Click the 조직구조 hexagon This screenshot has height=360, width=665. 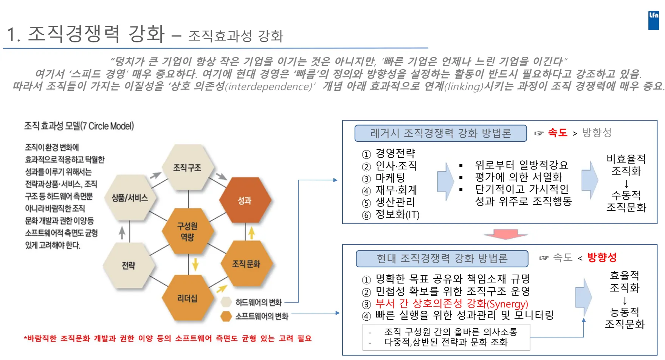point(187,168)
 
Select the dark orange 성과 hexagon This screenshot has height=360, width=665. point(245,200)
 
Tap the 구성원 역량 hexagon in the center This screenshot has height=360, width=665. point(187,231)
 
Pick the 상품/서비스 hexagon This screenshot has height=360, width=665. point(130,198)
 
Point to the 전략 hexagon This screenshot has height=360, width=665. point(129,265)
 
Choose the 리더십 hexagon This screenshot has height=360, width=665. point(187,298)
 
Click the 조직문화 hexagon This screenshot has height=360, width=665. point(246,264)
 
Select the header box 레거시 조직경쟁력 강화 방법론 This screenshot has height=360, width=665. point(440,133)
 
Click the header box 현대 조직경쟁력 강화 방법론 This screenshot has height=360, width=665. point(442,259)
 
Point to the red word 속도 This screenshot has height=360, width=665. point(558,133)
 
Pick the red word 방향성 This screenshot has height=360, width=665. point(602,258)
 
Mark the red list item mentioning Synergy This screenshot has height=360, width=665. point(451,304)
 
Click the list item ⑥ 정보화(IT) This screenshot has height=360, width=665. point(397,215)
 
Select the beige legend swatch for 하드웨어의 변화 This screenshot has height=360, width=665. point(226,302)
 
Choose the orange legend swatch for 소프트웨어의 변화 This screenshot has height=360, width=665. point(226,316)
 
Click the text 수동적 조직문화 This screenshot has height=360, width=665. point(626,201)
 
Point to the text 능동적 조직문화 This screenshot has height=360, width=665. point(625,318)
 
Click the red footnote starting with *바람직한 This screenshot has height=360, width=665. point(168,338)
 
